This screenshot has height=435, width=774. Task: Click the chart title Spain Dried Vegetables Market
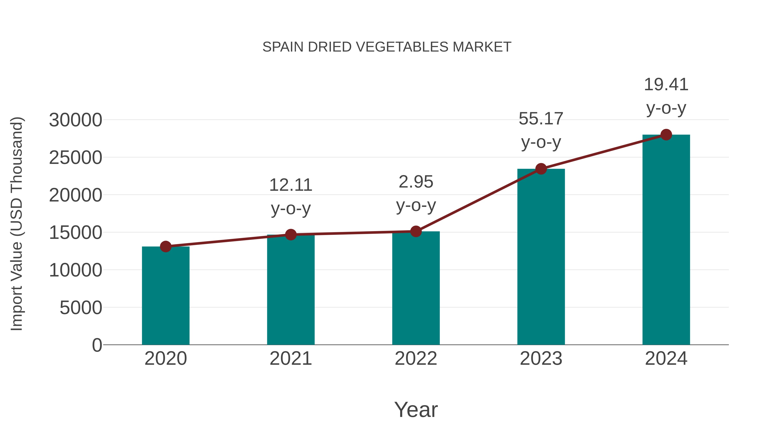click(x=387, y=47)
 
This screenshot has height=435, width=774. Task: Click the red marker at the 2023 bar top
click(x=541, y=169)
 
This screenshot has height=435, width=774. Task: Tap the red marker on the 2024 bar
click(x=666, y=135)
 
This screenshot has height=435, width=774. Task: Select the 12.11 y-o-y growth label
click(x=290, y=196)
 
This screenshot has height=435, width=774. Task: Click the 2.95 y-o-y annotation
click(x=416, y=193)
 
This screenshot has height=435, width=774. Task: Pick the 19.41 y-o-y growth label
click(x=666, y=96)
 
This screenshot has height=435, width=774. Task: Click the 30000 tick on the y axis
click(x=75, y=120)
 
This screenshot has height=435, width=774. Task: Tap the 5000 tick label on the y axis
click(x=81, y=308)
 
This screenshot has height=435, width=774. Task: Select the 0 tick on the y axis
click(x=97, y=345)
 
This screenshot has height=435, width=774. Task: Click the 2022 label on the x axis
click(x=416, y=359)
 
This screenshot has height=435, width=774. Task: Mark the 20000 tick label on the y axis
click(x=75, y=195)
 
